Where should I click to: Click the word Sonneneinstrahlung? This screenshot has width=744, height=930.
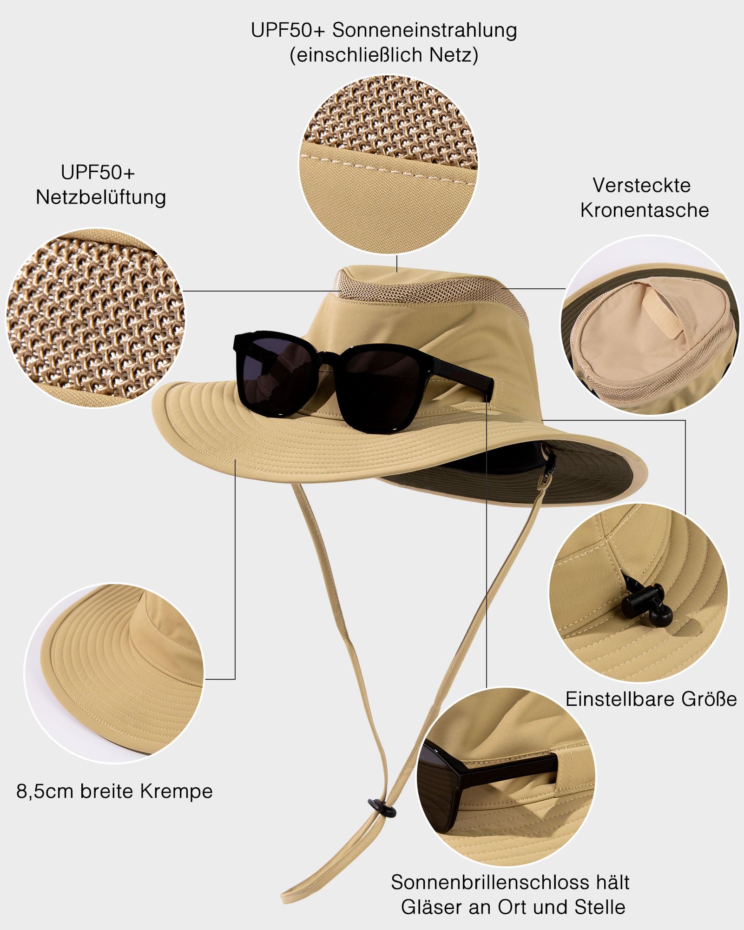tap(424, 30)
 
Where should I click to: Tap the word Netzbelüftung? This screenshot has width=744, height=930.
tap(101, 197)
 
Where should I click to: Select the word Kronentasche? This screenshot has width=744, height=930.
tap(645, 210)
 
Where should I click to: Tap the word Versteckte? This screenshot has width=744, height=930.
tap(642, 186)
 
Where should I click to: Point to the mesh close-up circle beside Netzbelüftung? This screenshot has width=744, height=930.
tap(95, 318)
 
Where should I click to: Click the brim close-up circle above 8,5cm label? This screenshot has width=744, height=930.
tap(113, 673)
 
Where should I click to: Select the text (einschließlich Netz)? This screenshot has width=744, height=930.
tap(384, 55)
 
